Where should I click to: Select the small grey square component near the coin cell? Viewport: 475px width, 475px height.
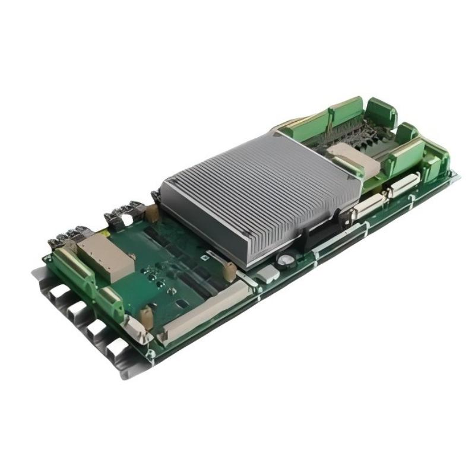[267, 274]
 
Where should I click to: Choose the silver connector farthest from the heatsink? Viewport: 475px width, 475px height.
[404, 186]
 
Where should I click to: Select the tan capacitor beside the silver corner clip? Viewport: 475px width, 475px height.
[146, 318]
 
